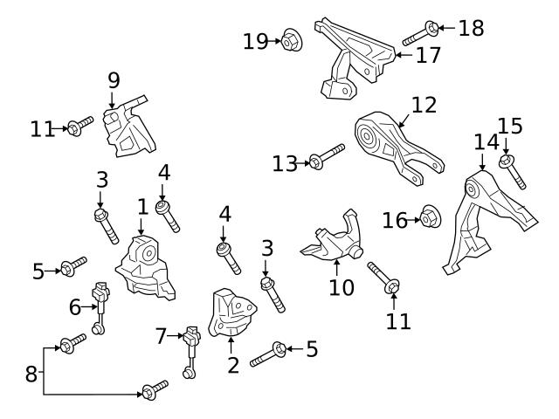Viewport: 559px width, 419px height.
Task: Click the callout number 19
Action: click(x=256, y=41)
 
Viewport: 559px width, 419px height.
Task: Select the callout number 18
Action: click(x=471, y=28)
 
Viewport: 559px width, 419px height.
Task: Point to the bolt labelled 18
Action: click(x=418, y=34)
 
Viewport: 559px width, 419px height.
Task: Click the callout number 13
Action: click(x=285, y=163)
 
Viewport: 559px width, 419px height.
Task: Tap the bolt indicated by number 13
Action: click(x=324, y=157)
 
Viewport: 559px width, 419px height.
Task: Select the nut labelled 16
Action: click(x=429, y=216)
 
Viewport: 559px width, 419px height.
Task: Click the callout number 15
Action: click(x=510, y=127)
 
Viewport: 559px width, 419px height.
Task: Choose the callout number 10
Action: click(x=342, y=286)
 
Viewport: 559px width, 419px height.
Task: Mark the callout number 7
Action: click(x=160, y=334)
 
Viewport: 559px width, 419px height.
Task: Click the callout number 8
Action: click(x=31, y=374)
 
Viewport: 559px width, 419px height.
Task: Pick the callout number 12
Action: click(x=424, y=106)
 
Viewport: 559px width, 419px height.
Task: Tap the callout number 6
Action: click(x=74, y=306)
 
